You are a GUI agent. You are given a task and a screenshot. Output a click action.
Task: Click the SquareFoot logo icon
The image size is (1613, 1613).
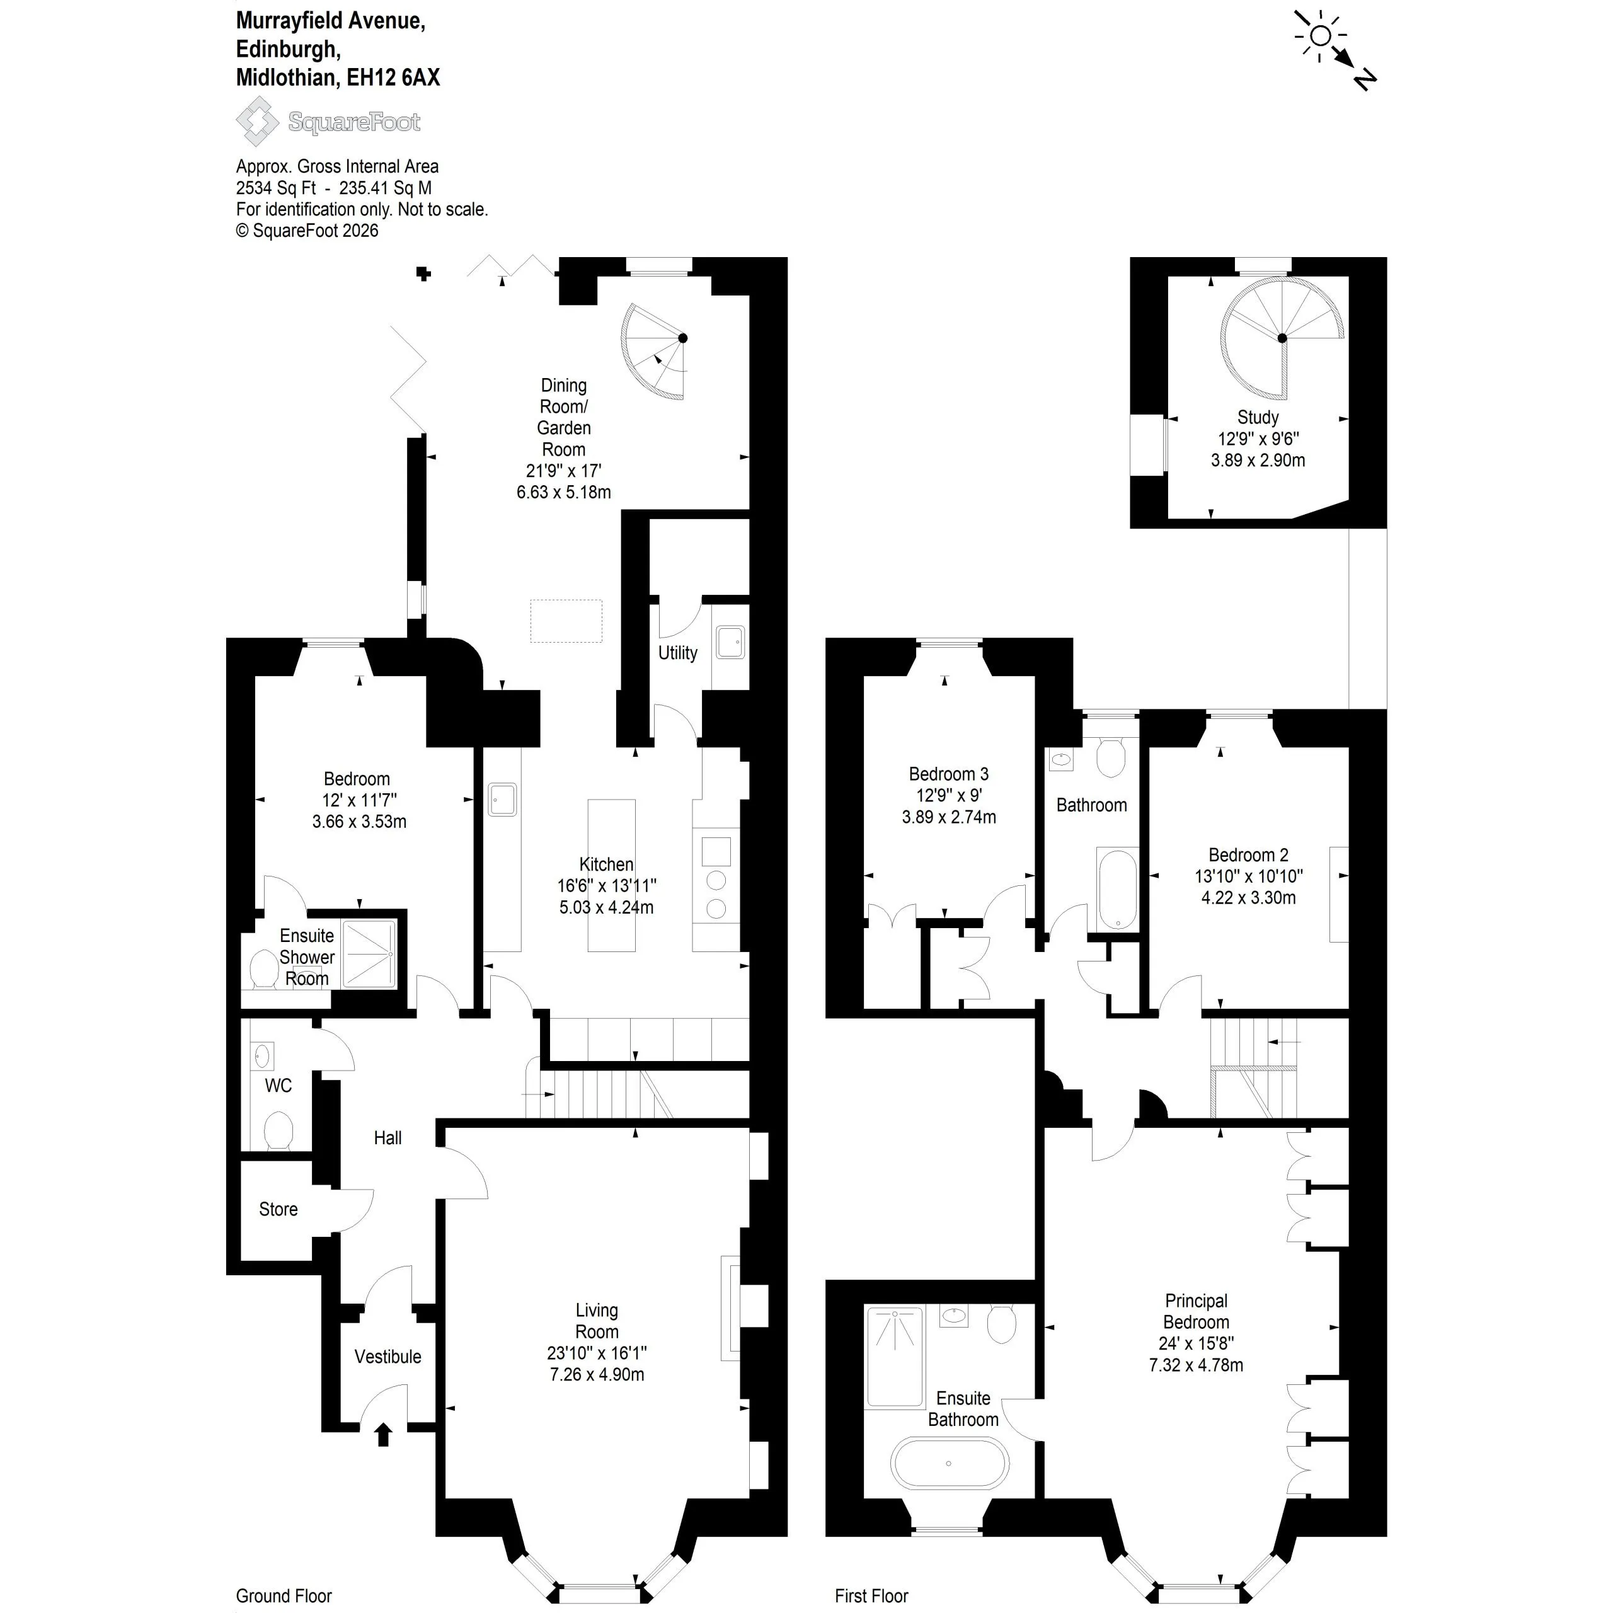point(256,121)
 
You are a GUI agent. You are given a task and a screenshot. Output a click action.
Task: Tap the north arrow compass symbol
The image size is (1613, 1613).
point(1333,49)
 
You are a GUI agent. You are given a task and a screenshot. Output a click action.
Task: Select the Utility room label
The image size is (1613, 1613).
point(677,653)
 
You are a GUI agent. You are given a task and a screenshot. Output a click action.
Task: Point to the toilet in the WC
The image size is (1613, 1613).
point(278,1130)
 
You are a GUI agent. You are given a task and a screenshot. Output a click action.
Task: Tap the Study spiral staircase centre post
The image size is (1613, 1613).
point(1282,338)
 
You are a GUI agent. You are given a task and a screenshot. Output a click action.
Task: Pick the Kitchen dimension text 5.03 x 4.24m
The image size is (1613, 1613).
point(606,907)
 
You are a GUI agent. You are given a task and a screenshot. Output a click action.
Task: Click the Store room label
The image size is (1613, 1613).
point(278,1209)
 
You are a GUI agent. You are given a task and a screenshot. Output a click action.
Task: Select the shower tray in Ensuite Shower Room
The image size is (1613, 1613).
point(369,953)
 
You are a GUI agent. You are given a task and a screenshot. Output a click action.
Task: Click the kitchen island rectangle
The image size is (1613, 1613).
point(611,875)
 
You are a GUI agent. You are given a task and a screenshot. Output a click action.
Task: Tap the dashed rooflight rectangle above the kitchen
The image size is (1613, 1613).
point(566,621)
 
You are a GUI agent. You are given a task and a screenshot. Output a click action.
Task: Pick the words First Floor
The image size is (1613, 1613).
point(871,1595)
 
